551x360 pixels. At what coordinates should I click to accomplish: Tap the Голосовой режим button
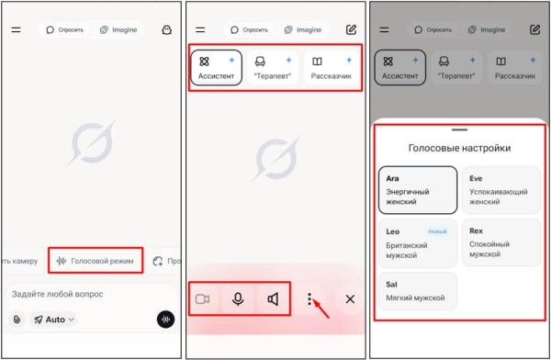96,261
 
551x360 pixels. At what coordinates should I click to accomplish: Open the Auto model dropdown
54,320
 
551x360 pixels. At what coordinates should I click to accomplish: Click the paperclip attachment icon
17,320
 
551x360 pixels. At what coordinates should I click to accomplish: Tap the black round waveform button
165,320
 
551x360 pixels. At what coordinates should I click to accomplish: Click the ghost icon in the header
166,30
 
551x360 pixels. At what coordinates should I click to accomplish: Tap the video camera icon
202,299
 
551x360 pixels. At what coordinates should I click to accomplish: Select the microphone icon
238,299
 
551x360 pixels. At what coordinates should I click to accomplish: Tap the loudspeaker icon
273,299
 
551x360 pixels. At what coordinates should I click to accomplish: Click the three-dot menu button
309,299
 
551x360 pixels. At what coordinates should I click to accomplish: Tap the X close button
350,299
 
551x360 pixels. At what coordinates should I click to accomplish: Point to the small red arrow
320,309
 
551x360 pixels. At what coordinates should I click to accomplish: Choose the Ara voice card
418,190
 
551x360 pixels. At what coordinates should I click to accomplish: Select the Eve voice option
501,190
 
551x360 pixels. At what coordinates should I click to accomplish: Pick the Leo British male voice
418,243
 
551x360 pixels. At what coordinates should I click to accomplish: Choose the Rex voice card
501,242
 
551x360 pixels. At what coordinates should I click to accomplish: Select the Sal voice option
418,291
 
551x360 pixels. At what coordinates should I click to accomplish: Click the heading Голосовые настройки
460,148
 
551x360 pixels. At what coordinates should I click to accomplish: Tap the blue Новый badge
437,231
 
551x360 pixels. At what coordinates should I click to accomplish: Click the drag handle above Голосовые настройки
460,129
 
